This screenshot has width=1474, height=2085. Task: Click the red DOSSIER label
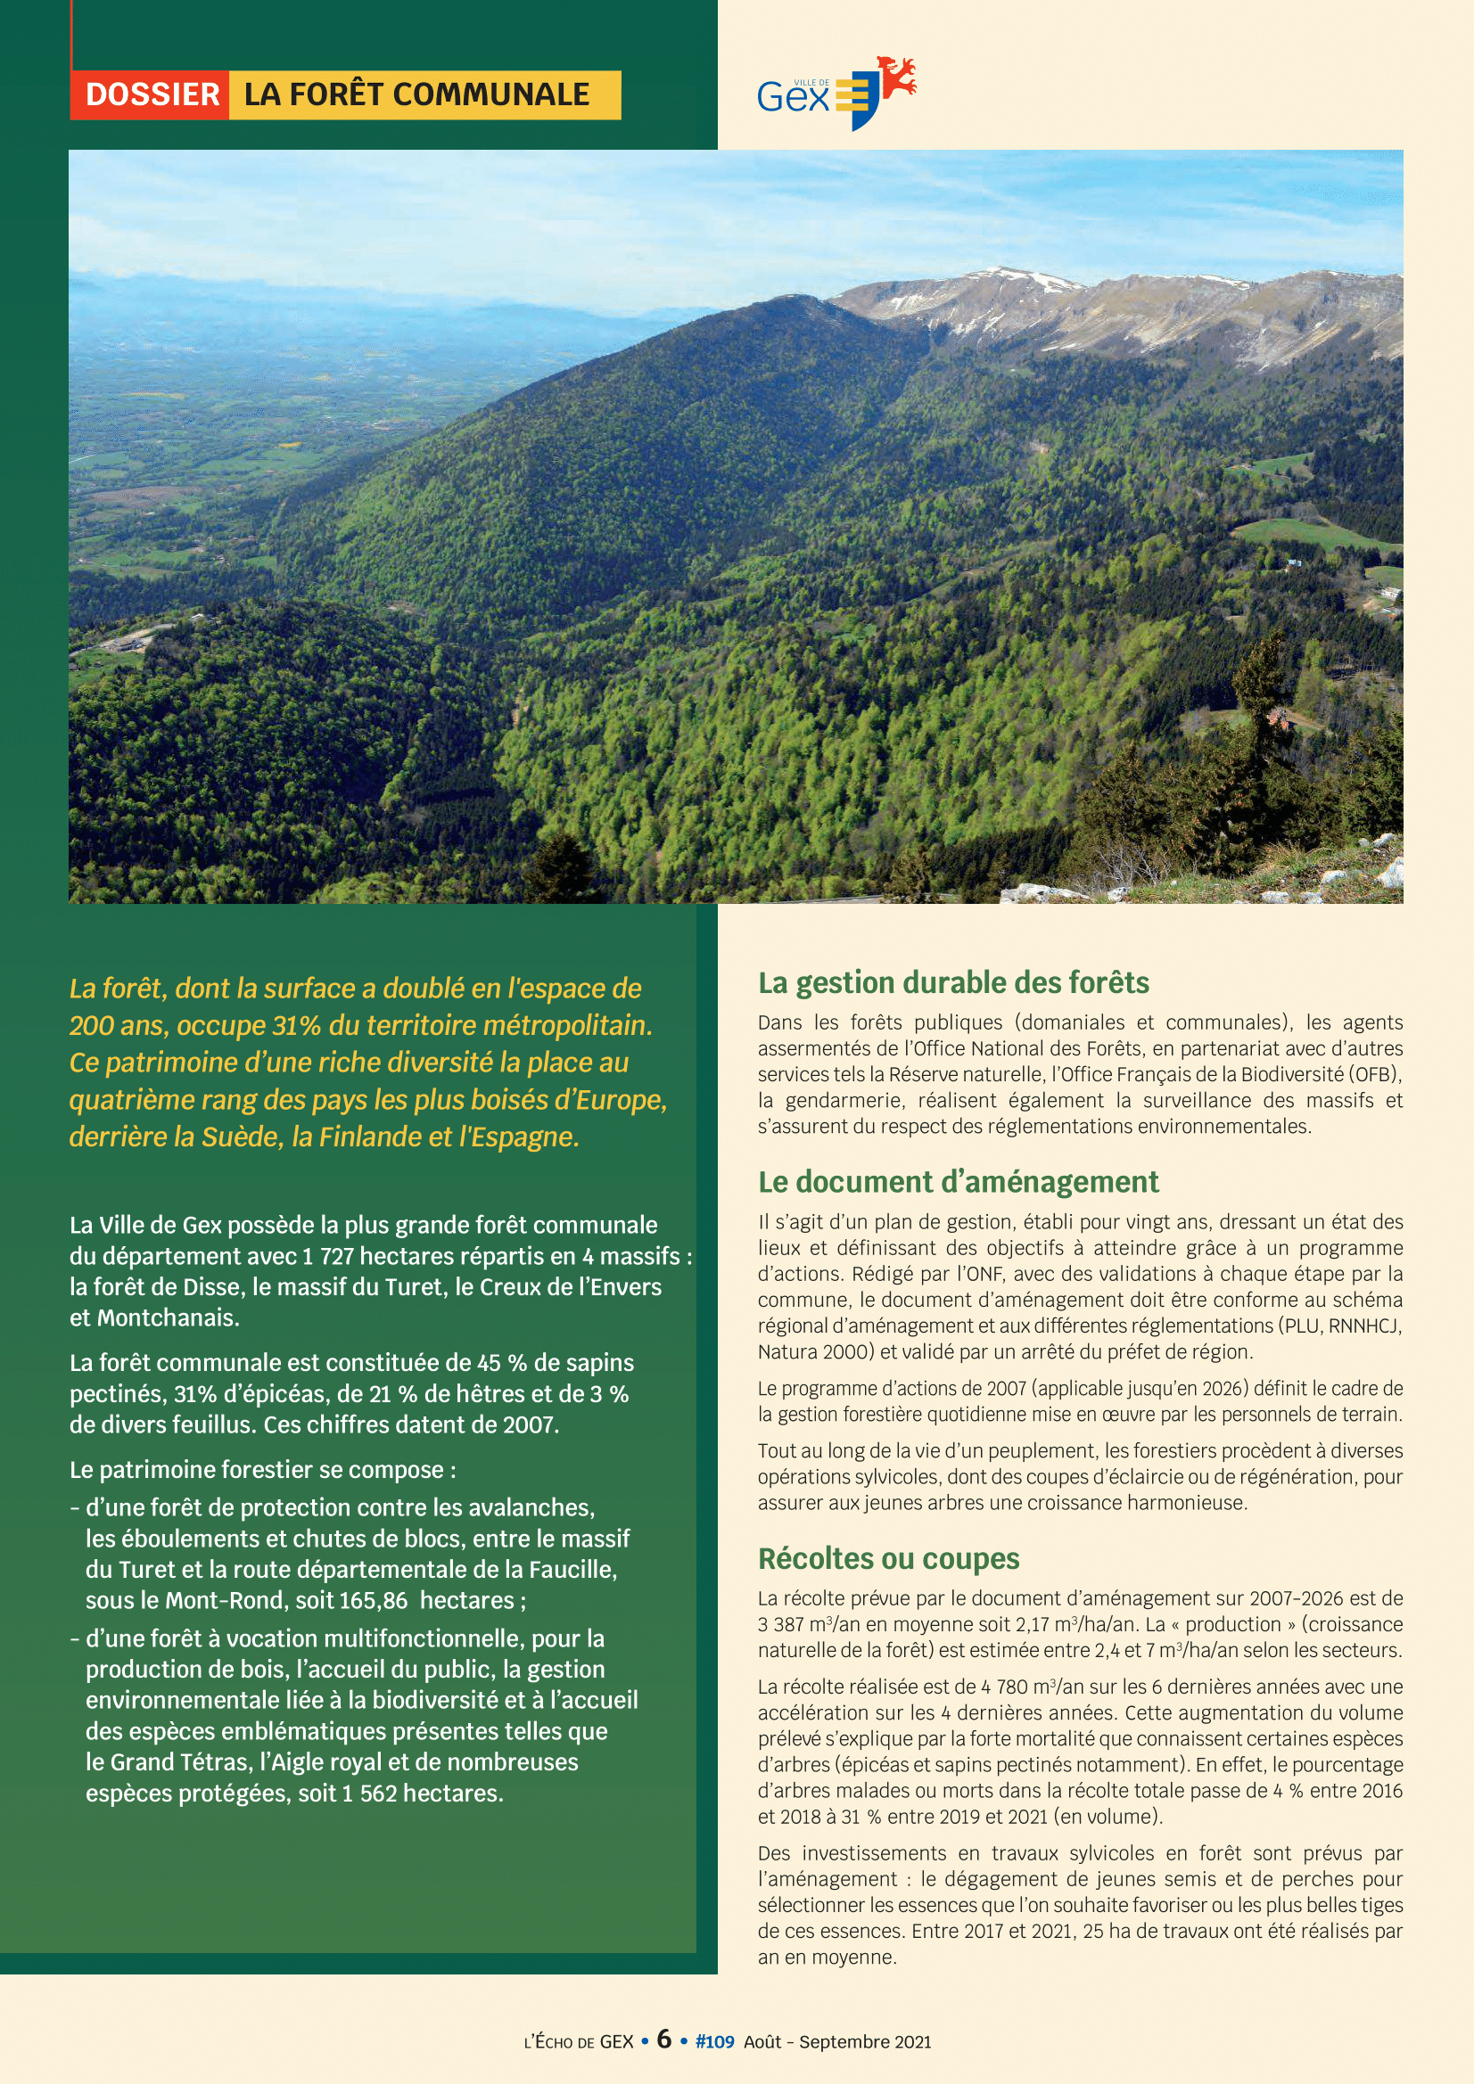coord(151,94)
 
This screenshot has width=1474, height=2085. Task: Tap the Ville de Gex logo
coord(836,93)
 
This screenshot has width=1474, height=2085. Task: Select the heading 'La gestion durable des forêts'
coord(952,982)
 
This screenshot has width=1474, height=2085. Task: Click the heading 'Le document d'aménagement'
coord(959,1181)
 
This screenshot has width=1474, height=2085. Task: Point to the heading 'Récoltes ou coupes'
coord(888,1558)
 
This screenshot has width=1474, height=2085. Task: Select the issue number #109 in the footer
coord(714,2041)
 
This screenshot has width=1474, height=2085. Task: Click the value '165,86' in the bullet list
coord(374,1600)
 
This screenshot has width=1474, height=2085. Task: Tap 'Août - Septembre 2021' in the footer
coord(837,2041)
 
